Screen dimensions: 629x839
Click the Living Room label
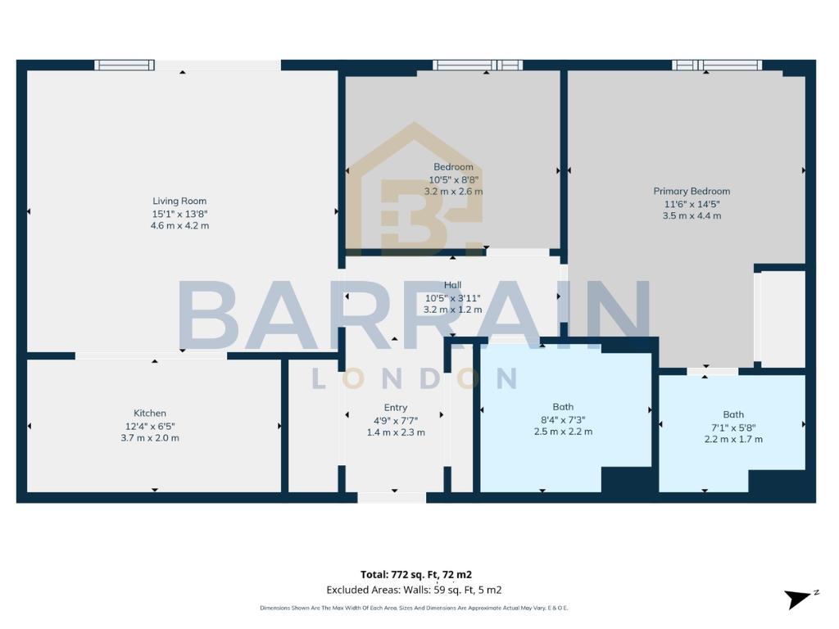click(179, 201)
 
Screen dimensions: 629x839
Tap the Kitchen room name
click(150, 413)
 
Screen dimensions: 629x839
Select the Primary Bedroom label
click(692, 191)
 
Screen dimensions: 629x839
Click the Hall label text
click(452, 285)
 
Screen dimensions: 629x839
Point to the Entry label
click(395, 407)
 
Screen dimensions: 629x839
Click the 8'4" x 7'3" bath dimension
click(563, 419)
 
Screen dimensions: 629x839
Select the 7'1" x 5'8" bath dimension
click(733, 427)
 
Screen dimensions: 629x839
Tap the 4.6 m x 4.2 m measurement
click(179, 225)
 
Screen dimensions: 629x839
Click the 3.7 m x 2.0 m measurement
click(150, 437)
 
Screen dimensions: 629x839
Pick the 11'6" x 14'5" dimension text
click(692, 203)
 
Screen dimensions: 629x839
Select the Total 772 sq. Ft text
click(416, 574)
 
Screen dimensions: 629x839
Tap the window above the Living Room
click(124, 65)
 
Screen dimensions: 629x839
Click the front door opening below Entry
click(392, 497)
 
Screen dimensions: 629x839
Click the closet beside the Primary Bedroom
click(782, 319)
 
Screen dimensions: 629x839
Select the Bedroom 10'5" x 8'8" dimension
click(453, 179)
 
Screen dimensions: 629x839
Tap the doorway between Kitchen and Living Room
click(151, 355)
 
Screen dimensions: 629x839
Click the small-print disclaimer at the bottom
click(414, 608)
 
